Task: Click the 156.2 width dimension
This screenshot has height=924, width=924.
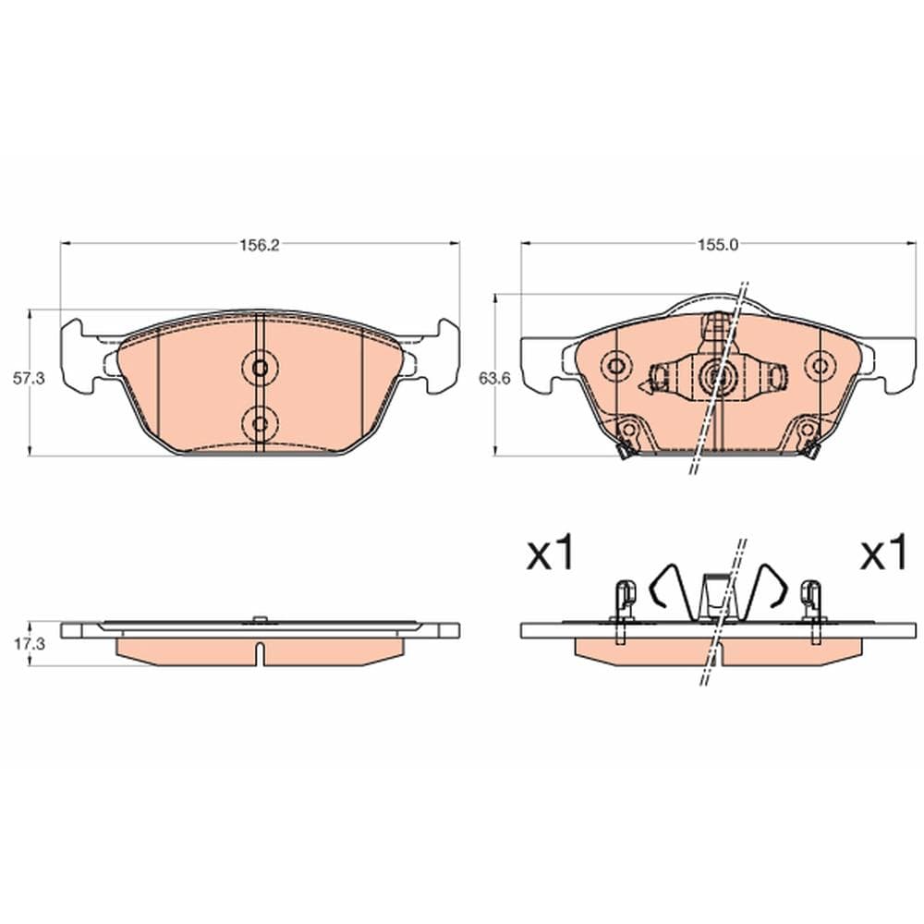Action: coord(260,246)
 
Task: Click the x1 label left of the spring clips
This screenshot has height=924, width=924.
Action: coord(551,555)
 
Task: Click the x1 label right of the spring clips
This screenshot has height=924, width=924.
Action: coord(884,555)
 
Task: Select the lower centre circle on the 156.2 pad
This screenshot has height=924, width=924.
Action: coord(260,423)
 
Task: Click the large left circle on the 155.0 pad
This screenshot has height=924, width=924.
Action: coord(614,366)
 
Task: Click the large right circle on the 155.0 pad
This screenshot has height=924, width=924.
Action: coord(818,366)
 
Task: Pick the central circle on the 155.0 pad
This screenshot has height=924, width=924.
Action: coord(716,374)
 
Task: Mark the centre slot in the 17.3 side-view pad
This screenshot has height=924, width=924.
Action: coord(260,652)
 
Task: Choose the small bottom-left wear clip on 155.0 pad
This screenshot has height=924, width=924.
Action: coord(624,450)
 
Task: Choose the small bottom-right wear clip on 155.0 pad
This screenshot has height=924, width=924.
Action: coord(812,450)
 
